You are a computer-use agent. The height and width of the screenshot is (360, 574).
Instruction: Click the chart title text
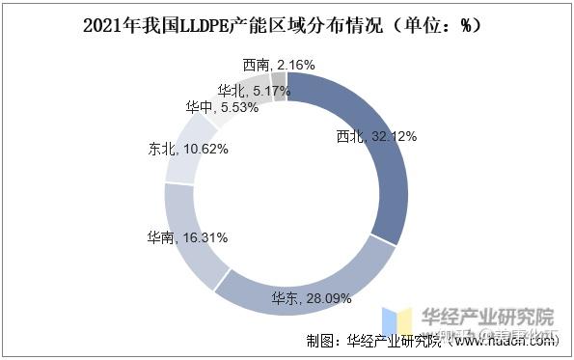pyautogui.click(x=287, y=26)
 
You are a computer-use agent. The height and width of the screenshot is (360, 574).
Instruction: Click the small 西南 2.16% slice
pyautogui.click(x=279, y=85)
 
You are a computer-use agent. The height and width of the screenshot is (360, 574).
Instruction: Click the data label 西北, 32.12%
pyautogui.click(x=375, y=137)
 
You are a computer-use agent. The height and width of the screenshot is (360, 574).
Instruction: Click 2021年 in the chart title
pyautogui.click(x=114, y=26)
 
